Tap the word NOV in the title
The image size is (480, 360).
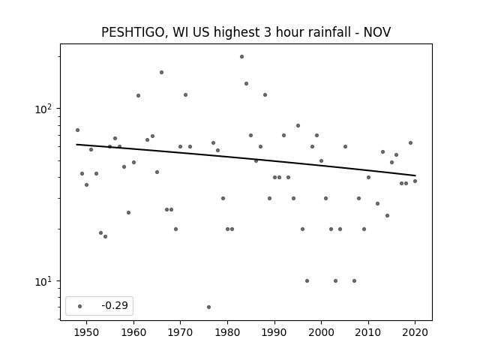pyautogui.click(x=377, y=32)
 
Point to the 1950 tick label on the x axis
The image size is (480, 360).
pyautogui.click(x=87, y=332)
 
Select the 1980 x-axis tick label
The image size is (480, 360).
pyautogui.click(x=227, y=332)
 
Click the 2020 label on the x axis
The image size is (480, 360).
pyautogui.click(x=415, y=332)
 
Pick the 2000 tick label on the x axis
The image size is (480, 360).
pyautogui.click(x=321, y=332)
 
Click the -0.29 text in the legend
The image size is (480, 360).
pyautogui.click(x=115, y=305)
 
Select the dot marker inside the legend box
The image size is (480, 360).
pyautogui.click(x=80, y=306)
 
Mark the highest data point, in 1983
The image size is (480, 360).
pyautogui.click(x=241, y=57)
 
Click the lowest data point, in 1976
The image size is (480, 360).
pyautogui.click(x=208, y=307)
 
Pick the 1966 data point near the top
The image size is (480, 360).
pyautogui.click(x=162, y=73)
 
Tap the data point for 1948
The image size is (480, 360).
pyautogui.click(x=77, y=130)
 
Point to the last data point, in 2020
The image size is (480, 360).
pyautogui.click(x=415, y=181)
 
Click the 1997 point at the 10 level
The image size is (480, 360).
pyautogui.click(x=307, y=280)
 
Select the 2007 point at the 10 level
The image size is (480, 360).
pyautogui.click(x=354, y=280)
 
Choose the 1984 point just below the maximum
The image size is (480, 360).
pyautogui.click(x=247, y=83)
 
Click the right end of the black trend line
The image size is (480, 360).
pyautogui.click(x=415, y=175)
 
